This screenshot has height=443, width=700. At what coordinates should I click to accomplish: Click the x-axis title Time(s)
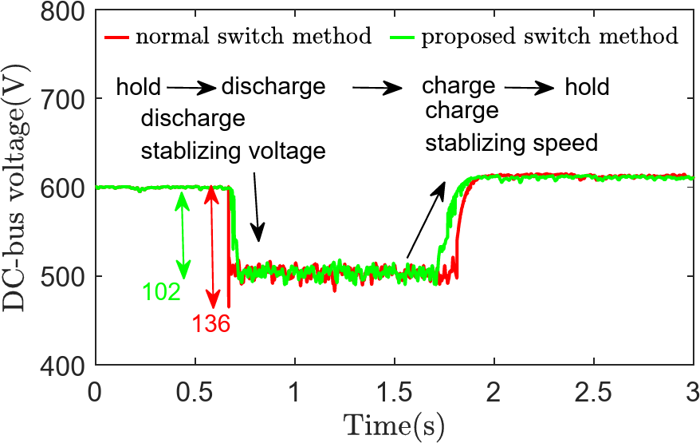393,421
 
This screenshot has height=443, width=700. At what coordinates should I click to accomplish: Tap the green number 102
162,291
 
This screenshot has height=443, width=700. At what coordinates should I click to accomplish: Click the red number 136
210,323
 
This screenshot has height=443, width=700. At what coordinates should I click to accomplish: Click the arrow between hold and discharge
191,86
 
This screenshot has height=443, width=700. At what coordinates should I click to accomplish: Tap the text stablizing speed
510,144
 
